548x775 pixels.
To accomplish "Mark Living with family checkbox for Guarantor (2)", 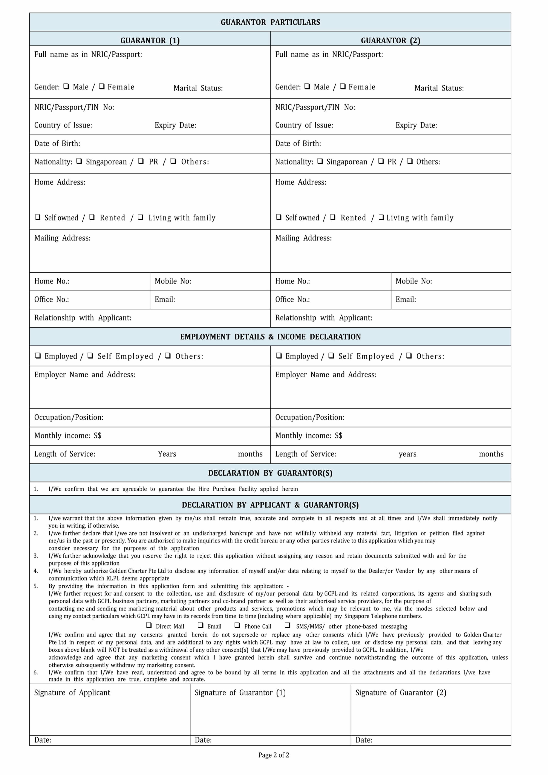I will (381, 217).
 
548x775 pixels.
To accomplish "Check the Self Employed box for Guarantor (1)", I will (90, 355).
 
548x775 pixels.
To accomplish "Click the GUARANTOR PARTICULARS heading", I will (270, 22).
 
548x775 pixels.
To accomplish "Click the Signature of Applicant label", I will (72, 693).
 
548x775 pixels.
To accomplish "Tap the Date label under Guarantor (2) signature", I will (364, 740).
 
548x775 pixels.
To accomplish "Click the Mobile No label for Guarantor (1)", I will (173, 281).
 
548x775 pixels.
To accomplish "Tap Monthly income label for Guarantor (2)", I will (308, 436).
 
